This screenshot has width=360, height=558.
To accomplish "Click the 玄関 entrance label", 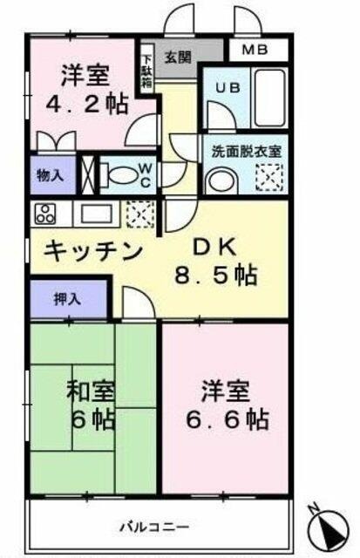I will pos(179,58).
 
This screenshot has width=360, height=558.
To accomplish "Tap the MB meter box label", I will pos(256,51).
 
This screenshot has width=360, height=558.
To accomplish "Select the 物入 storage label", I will pos(49,174).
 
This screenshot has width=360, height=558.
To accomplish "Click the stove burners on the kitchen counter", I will pos(44,213).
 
